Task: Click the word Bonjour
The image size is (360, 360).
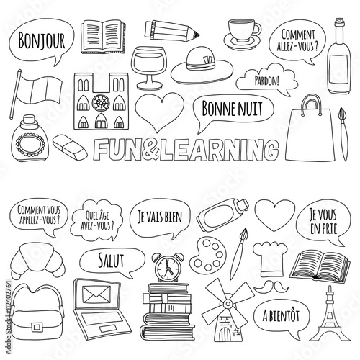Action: [41, 41]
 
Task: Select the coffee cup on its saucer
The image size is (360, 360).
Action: [243, 34]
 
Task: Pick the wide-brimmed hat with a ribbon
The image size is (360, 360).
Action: [202, 66]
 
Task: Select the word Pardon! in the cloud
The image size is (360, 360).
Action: [267, 81]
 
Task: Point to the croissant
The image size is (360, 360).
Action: [37, 261]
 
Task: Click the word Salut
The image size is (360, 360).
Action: [111, 261]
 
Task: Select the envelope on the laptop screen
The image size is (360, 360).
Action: [96, 294]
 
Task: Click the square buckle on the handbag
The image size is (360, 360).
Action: [37, 327]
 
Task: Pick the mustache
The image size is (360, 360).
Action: [271, 287]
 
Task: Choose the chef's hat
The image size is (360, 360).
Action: [270, 259]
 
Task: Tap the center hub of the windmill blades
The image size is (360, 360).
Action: [228, 305]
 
